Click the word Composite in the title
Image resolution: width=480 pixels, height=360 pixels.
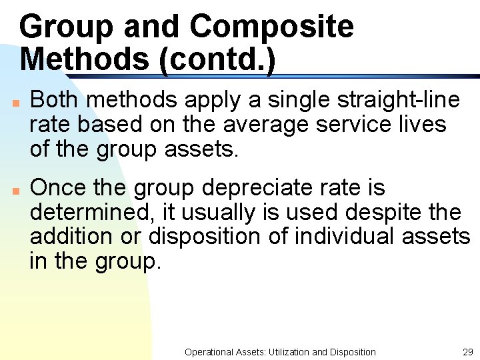[x=271, y=27]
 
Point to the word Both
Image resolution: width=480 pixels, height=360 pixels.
[x=55, y=100]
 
